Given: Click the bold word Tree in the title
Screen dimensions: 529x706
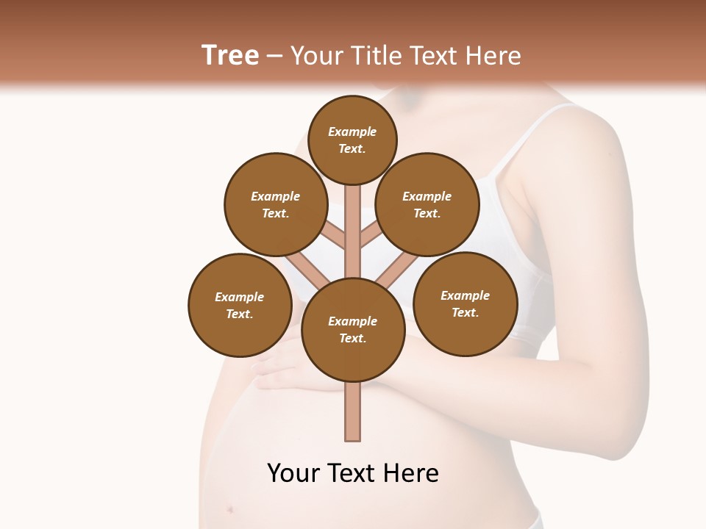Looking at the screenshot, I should coord(230,55).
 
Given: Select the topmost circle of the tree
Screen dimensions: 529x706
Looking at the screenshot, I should coord(352,140).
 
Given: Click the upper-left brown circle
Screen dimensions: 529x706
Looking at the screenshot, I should coord(275,204).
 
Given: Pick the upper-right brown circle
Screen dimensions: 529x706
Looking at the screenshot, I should coord(427,204).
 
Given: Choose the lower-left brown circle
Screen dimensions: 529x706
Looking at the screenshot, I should coord(240,305).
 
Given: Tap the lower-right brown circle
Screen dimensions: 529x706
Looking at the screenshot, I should coord(465,303).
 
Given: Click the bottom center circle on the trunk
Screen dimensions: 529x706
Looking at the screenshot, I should coord(352,329).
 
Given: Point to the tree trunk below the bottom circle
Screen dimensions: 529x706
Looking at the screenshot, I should coord(352,411).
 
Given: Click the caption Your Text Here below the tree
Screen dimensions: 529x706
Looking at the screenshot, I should coord(352,473).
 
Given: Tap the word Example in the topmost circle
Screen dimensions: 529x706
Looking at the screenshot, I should coord(352,132).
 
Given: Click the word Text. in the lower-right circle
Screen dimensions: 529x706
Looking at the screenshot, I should coord(465,312).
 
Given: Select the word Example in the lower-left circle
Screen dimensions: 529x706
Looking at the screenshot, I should coord(240,297).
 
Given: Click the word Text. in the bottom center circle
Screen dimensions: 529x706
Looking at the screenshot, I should coord(352,338).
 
